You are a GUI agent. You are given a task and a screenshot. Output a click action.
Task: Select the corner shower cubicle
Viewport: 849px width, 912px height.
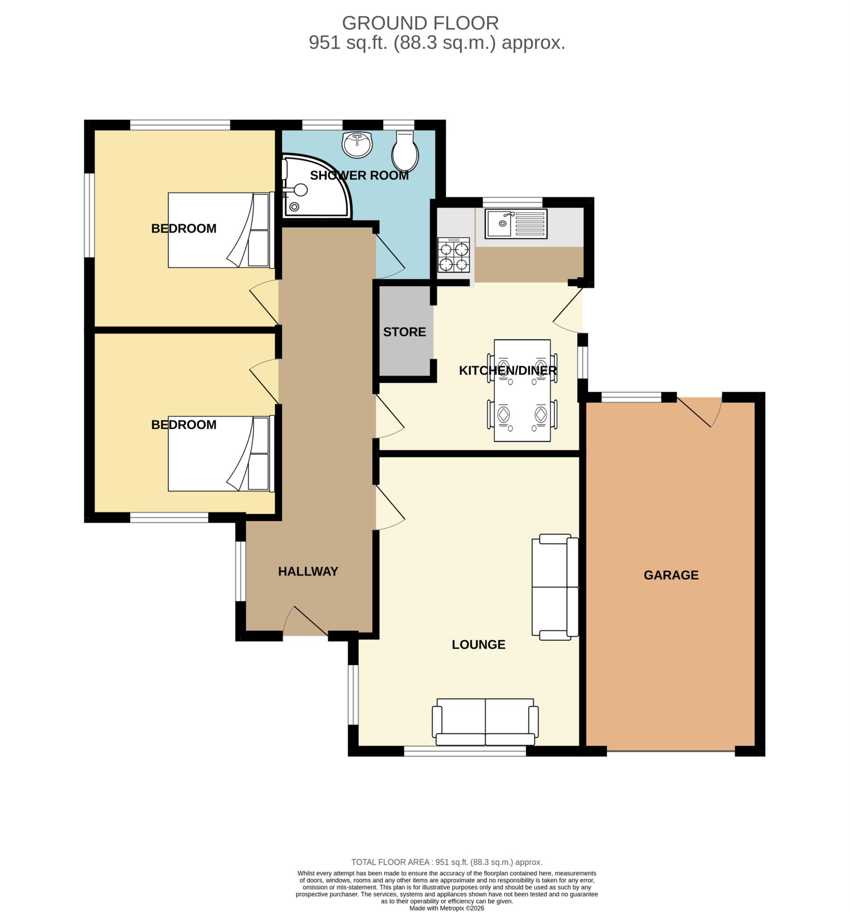coord(316,187)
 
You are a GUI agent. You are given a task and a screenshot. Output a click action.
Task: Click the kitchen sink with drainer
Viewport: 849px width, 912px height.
coord(516,224)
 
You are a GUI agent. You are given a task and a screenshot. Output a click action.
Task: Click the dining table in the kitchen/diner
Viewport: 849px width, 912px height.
coord(522,391)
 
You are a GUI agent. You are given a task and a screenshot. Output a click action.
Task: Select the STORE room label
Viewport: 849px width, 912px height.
coord(405,332)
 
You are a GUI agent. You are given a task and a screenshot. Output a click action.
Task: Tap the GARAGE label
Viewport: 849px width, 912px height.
coord(671,575)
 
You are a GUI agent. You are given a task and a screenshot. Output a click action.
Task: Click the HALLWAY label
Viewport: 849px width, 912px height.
coord(308,572)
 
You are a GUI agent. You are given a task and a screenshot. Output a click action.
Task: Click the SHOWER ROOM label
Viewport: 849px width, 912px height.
coord(359,176)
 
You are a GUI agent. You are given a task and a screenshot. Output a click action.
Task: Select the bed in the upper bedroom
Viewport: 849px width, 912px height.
coord(221,230)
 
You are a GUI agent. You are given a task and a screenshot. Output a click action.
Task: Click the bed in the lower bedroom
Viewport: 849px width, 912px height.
coord(221,453)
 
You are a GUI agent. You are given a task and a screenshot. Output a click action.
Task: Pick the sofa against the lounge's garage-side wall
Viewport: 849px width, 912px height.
coord(555,587)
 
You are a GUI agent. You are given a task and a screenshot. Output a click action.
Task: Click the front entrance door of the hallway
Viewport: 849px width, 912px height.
coord(305,622)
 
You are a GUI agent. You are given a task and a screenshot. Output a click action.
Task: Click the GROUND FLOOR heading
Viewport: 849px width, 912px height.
coord(420,23)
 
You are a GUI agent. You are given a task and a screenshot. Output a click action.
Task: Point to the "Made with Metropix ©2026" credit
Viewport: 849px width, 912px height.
coord(447,908)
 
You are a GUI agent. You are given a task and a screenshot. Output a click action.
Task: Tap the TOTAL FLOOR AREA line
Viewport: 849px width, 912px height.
coord(447,863)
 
